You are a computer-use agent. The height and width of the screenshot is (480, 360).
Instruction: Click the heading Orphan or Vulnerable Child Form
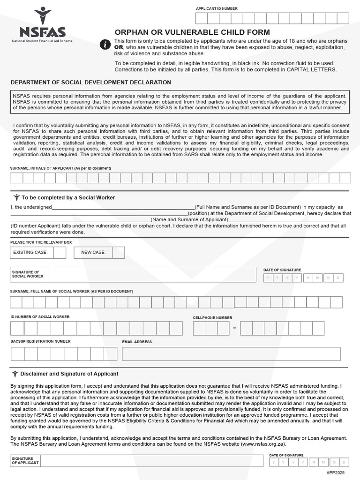click(x=192, y=32)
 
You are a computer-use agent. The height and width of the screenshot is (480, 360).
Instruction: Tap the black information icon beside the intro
click(x=105, y=45)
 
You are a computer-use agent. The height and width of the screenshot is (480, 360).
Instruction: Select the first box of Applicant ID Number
click(x=201, y=18)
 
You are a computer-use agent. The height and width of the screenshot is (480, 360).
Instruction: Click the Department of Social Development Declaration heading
click(x=91, y=82)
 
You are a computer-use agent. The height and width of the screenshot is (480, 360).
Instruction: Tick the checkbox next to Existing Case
click(x=60, y=253)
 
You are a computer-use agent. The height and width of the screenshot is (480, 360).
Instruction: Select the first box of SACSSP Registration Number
click(x=17, y=353)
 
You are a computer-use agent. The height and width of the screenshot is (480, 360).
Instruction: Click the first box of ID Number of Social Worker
click(x=17, y=328)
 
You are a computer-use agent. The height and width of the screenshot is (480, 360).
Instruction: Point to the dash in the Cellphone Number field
click(x=234, y=329)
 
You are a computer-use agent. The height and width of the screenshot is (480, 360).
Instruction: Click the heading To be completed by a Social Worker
click(x=68, y=198)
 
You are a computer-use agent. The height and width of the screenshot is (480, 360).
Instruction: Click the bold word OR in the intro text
click(x=119, y=47)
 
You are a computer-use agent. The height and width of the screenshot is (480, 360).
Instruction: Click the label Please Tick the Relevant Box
click(x=41, y=242)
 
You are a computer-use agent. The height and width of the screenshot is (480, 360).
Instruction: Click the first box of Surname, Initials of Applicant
click(x=16, y=178)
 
